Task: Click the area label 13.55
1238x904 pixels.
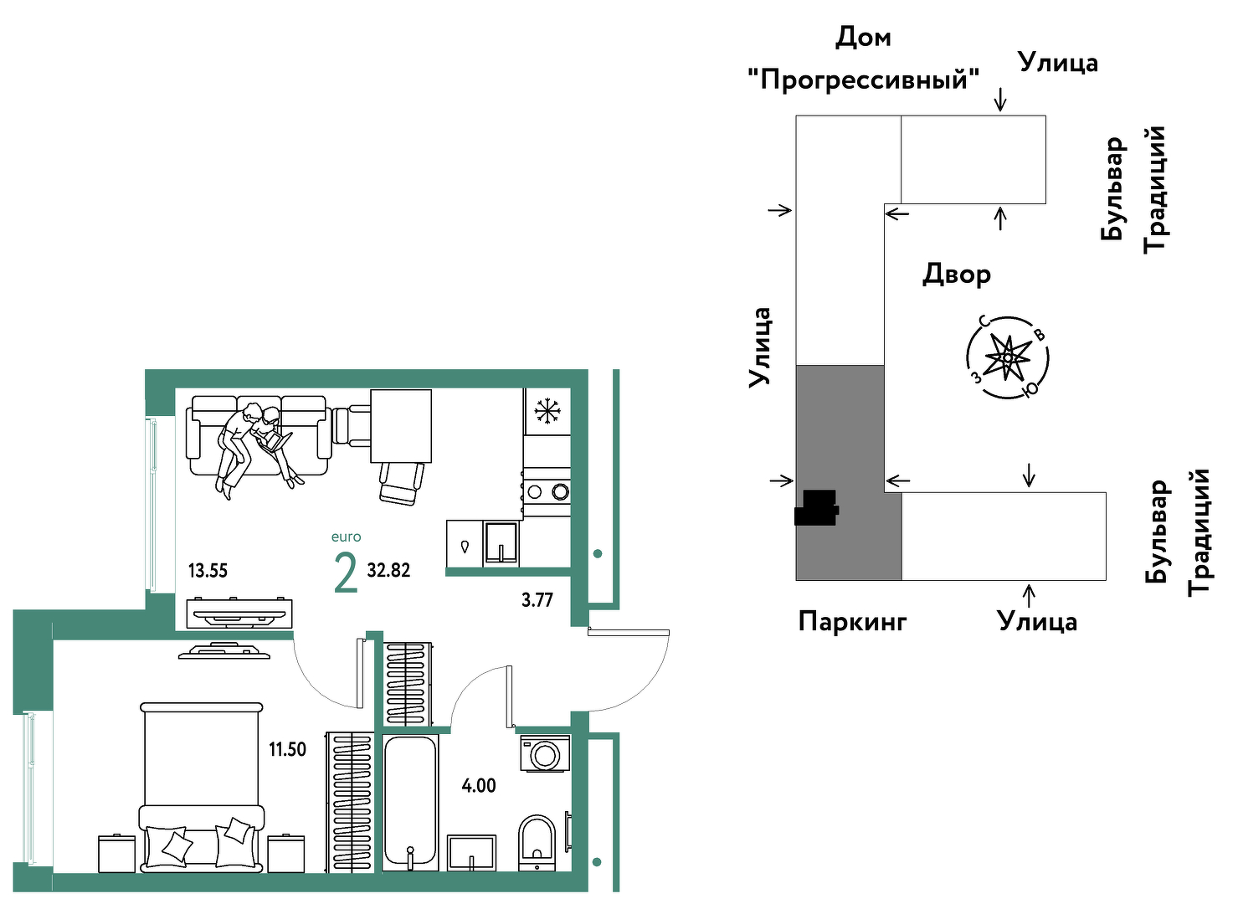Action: (x=208, y=570)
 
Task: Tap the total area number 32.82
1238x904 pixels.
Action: (x=388, y=570)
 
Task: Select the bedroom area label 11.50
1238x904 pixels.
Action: (x=287, y=750)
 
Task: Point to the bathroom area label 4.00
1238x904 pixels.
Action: (x=479, y=786)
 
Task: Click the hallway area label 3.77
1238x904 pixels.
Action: (x=537, y=600)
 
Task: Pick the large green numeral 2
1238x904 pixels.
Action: (x=346, y=575)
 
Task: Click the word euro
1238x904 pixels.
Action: (x=346, y=537)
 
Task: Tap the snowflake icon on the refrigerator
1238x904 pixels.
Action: (x=547, y=411)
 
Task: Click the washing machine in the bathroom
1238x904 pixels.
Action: (x=545, y=752)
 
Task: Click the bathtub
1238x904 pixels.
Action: (x=410, y=803)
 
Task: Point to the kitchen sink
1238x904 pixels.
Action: (x=501, y=543)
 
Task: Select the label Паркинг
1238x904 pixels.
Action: (x=852, y=622)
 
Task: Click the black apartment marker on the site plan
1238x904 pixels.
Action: (x=816, y=508)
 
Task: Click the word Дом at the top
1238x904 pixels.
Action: (x=863, y=38)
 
